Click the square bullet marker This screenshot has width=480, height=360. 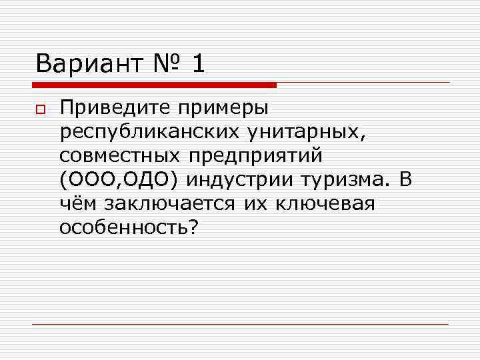point(40,109)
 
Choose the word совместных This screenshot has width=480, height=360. point(120,155)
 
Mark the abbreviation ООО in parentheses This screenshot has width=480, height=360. point(91,179)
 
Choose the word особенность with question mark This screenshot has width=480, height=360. point(129,227)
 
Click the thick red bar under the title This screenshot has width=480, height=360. point(155,85)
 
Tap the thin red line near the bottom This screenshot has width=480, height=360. point(240,324)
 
